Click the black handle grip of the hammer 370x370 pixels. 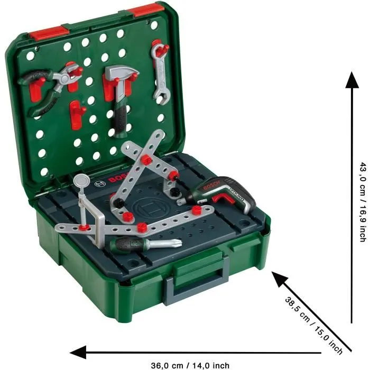122,119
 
